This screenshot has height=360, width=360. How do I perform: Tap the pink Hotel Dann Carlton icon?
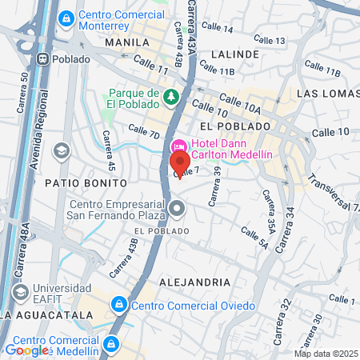click(x=178, y=145)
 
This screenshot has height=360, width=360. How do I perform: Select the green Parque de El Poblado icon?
click(x=170, y=97)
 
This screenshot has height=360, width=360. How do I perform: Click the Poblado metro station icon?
click(x=44, y=59)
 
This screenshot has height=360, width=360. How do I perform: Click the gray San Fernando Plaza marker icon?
click(x=178, y=208)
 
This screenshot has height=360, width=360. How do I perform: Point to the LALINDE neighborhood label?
click(x=235, y=54)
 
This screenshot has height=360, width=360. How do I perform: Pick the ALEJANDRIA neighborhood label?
click(x=194, y=282)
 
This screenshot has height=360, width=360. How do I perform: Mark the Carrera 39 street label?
click(x=214, y=185)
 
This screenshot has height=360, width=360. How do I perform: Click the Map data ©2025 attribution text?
click(x=326, y=353)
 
